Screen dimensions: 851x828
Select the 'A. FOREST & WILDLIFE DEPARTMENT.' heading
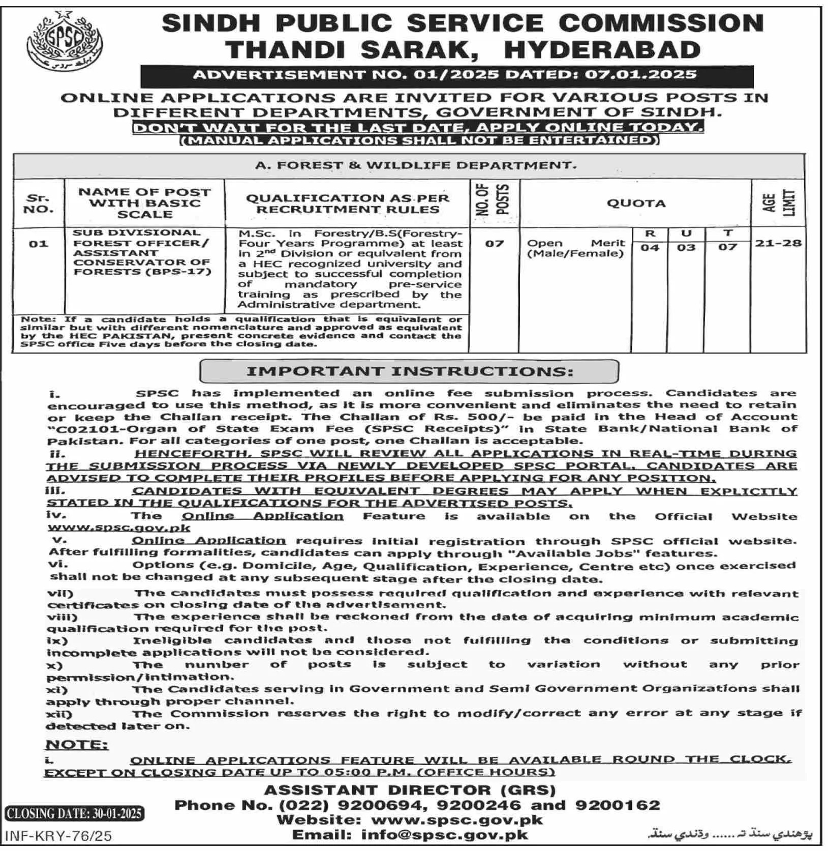pos(415,165)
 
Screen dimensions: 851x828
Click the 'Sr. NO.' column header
pos(39,203)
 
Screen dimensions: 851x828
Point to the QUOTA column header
pos(636,203)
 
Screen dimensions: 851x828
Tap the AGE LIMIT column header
pos(778,203)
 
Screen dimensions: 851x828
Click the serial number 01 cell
pos(38,244)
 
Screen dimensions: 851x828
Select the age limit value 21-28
pos(778,243)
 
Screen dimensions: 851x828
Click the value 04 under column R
pos(650,248)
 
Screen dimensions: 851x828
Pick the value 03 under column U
pos(686,248)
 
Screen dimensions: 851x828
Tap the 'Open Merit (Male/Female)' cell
pos(575,248)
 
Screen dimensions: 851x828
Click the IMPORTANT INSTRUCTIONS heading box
pos(409,371)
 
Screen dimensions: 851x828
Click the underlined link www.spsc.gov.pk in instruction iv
pos(119,527)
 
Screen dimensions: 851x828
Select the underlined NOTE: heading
pos(77,745)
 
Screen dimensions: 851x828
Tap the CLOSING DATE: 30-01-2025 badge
pos(74,813)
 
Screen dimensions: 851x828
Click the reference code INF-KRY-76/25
pos(58,835)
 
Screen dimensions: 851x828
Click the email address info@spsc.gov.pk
pos(445,835)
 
